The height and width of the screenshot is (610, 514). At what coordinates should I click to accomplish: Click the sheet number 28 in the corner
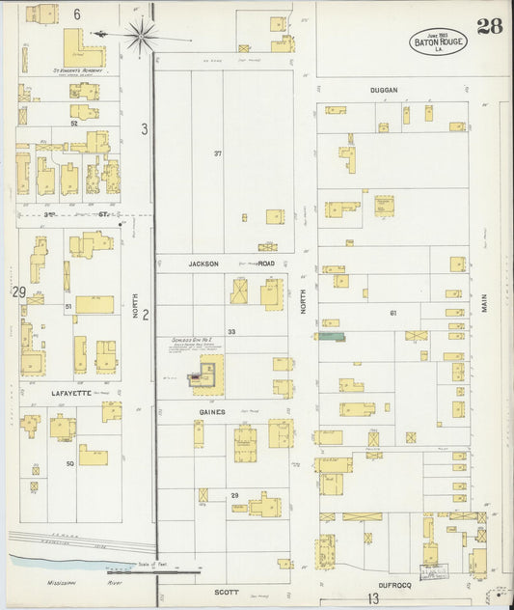488,26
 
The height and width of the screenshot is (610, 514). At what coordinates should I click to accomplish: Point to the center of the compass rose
145,35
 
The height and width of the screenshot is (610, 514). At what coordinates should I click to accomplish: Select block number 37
218,153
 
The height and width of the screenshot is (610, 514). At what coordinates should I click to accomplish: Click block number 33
231,331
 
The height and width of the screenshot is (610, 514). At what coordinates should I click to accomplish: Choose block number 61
393,313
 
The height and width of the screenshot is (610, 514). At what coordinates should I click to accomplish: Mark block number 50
69,464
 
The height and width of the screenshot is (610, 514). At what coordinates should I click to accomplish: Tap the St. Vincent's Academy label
77,70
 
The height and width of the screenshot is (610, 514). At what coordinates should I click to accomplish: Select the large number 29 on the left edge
17,291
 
